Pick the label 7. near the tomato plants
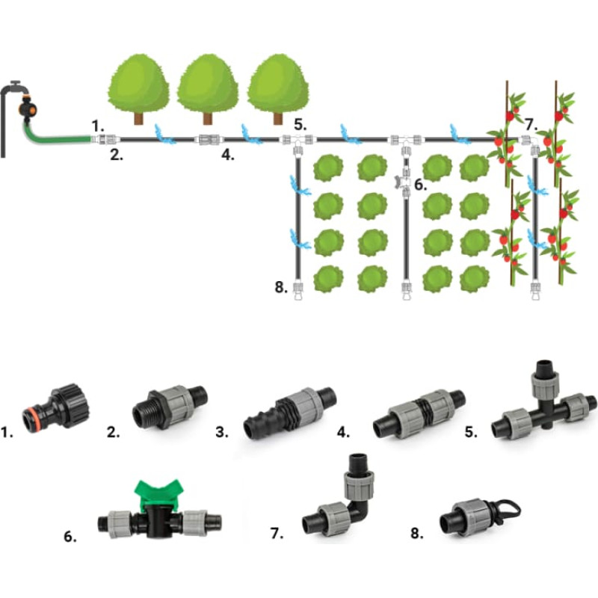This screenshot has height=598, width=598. point(530,124)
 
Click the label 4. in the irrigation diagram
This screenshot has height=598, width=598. point(229,156)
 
